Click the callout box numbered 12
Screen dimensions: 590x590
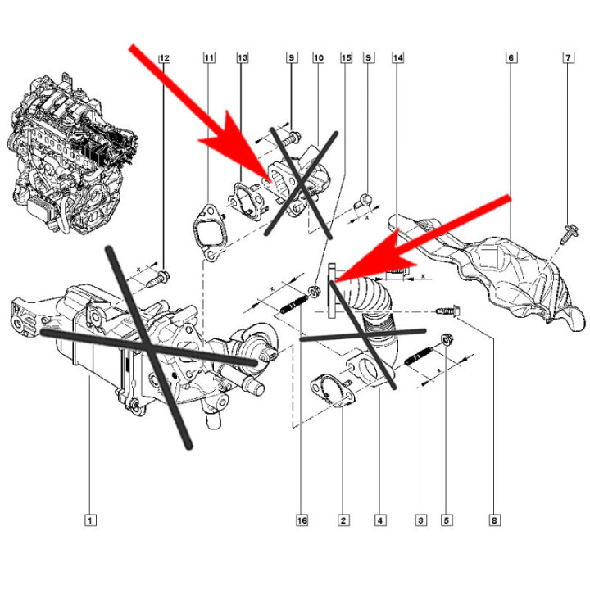coord(164,58)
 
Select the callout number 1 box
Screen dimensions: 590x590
coord(91,520)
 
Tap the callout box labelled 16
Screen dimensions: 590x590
coord(302,520)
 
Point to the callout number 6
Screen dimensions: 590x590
coord(511,58)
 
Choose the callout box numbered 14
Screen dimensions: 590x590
coord(397,58)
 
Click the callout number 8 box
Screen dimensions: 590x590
coord(494,520)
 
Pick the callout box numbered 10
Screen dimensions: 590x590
coord(318,58)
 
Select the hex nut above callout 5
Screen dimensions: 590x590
coord(447,337)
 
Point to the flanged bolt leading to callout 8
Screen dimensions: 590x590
coord(448,311)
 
